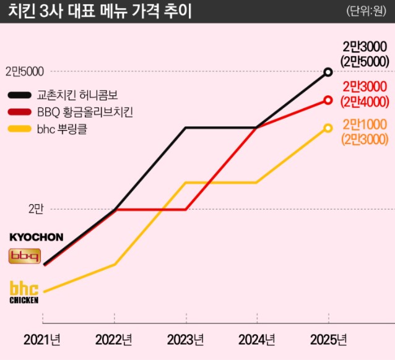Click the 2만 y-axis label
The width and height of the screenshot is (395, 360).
tap(35, 210)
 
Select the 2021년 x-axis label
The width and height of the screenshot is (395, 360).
tap(42, 340)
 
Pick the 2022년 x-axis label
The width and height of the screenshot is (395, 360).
tap(114, 340)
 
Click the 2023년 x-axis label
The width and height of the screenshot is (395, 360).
tap(186, 340)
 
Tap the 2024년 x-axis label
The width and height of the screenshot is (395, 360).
tap(257, 340)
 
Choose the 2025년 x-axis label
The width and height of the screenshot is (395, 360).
tap(328, 340)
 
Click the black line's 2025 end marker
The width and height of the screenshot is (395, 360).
tap(328, 72)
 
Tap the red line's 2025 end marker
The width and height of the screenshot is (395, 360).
tap(328, 100)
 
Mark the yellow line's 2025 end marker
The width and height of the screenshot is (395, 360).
tap(328, 128)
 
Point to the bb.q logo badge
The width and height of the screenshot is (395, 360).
tap(24, 255)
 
